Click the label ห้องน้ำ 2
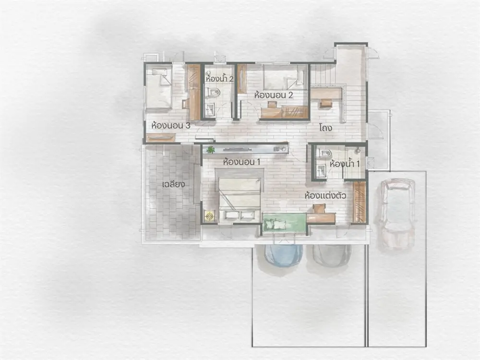(219, 78)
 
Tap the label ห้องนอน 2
(274, 95)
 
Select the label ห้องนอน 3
(171, 125)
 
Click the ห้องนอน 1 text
(242, 161)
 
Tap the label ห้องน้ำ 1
(344, 164)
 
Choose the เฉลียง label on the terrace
(173, 184)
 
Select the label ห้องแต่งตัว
(325, 195)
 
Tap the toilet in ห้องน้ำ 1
(323, 153)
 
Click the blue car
(284, 255)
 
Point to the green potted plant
(210, 150)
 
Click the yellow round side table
(210, 216)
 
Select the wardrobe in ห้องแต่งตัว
(360, 202)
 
